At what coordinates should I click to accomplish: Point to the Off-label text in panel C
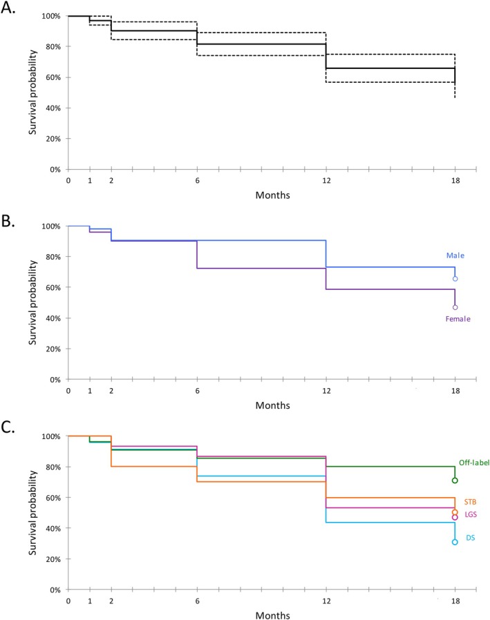pos(473,463)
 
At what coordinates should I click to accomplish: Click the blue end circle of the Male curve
pos(455,279)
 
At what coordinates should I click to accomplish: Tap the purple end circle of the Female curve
pos(455,307)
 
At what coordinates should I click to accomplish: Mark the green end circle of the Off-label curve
pos(455,481)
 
